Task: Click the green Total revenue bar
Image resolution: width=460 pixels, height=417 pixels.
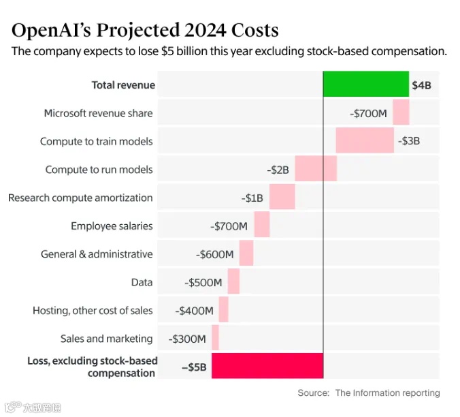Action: [365, 84]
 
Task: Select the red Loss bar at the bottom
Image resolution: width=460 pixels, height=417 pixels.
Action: [267, 366]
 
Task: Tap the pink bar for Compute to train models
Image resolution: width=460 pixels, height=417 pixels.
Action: [364, 140]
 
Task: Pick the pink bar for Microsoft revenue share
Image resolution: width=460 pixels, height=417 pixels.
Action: [401, 112]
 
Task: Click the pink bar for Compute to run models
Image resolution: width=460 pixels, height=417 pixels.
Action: [315, 168]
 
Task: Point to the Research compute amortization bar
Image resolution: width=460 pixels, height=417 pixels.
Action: [282, 197]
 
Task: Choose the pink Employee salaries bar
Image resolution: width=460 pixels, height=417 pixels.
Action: [262, 225]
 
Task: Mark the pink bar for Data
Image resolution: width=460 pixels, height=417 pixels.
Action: [233, 281]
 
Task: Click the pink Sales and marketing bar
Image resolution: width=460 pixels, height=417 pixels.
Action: [215, 337]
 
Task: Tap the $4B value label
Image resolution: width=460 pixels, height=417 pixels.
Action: [421, 86]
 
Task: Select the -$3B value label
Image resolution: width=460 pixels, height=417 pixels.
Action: [409, 141]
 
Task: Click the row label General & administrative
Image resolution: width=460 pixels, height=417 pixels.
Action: [97, 254]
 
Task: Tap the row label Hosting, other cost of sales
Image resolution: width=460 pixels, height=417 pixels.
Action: [93, 311]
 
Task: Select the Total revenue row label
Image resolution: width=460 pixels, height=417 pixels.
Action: [123, 85]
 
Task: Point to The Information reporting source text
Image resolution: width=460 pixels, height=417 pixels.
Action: [387, 392]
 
